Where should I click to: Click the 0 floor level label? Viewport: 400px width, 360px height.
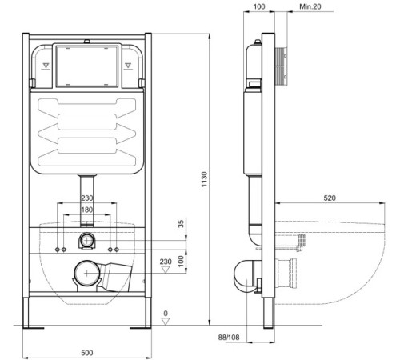tap(165, 313)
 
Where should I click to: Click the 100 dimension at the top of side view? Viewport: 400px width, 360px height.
tap(258, 6)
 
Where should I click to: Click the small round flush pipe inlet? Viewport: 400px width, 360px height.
tap(86, 241)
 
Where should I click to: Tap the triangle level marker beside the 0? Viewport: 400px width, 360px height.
tap(165, 322)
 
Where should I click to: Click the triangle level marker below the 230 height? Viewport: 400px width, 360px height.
tap(165, 271)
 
